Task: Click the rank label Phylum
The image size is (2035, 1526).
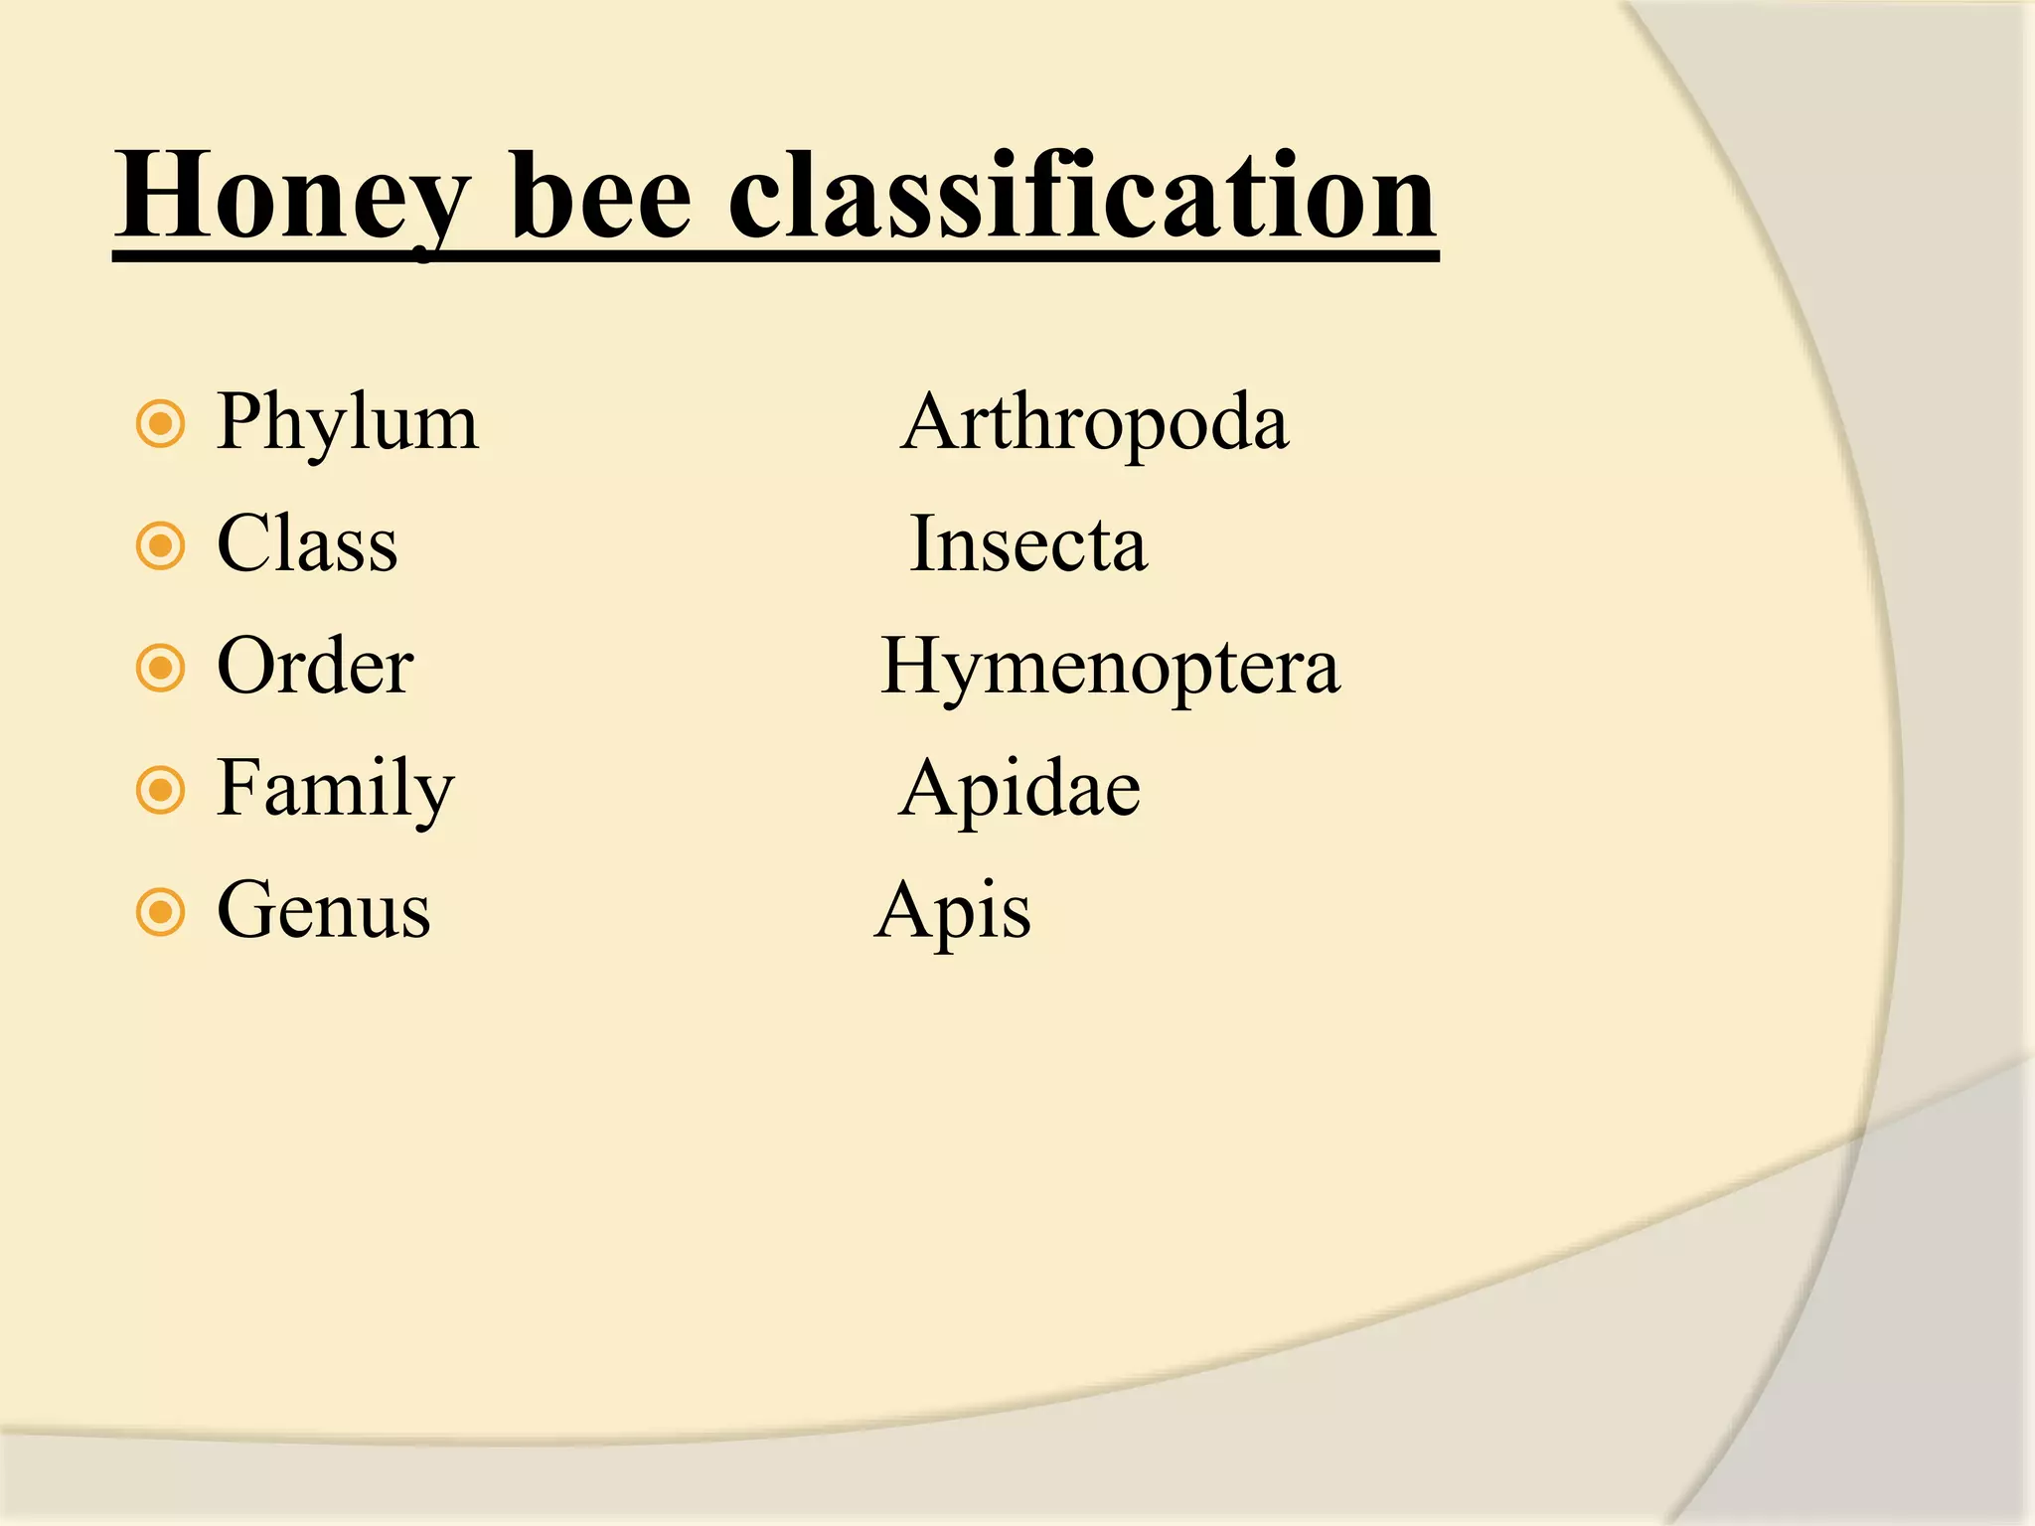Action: pos(348,424)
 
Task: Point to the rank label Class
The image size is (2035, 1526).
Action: pos(307,544)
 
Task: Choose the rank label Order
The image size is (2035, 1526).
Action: pos(315,666)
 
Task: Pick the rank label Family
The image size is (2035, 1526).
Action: pos(335,790)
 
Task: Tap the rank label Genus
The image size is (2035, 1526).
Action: pos(324,910)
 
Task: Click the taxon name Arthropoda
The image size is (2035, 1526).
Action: pos(1094,424)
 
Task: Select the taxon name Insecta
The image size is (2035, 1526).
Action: pos(1028,544)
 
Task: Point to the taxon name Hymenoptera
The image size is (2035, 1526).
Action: pos(1110,668)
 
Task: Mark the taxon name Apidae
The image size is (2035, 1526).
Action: pos(1019,789)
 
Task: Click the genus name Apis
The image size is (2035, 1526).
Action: pos(953,912)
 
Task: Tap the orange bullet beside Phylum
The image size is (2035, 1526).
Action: pos(161,425)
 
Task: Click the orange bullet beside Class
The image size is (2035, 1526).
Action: pos(161,545)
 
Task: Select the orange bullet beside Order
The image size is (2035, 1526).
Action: pos(161,668)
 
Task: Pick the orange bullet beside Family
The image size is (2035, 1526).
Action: pos(161,790)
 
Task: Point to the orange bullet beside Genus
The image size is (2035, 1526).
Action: pos(161,912)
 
